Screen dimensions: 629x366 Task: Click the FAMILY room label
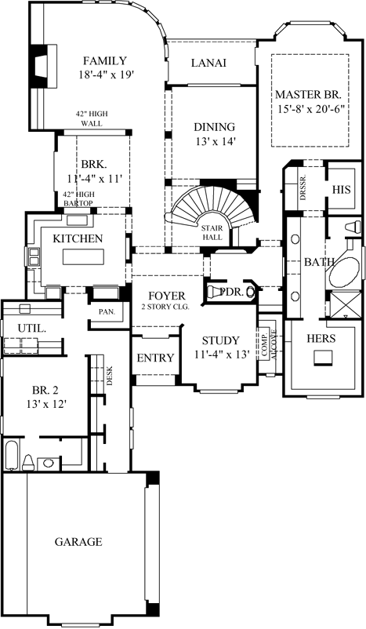coord(106,60)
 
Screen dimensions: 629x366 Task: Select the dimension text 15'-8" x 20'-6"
coord(311,111)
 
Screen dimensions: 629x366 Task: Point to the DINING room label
coord(214,127)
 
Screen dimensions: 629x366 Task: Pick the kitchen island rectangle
coord(83,257)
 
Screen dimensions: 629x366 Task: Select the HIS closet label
coord(341,189)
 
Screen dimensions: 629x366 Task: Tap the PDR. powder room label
coord(231,291)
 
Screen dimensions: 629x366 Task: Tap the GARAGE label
coord(78,541)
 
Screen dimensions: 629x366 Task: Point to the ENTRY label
coord(154,358)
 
